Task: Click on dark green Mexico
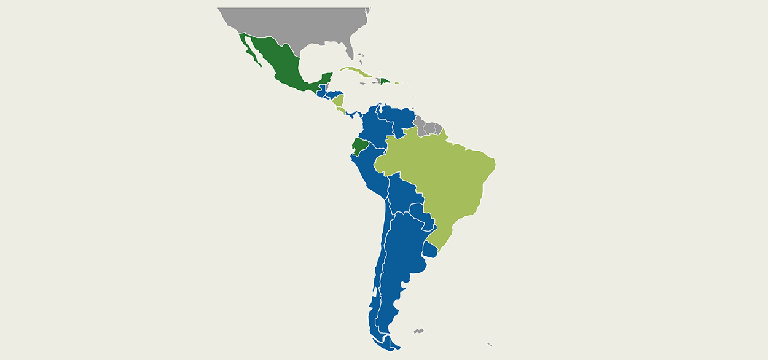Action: (x=280, y=61)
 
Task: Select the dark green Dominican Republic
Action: (x=385, y=80)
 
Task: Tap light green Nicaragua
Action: (x=339, y=101)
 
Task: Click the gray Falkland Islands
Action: (x=418, y=332)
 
